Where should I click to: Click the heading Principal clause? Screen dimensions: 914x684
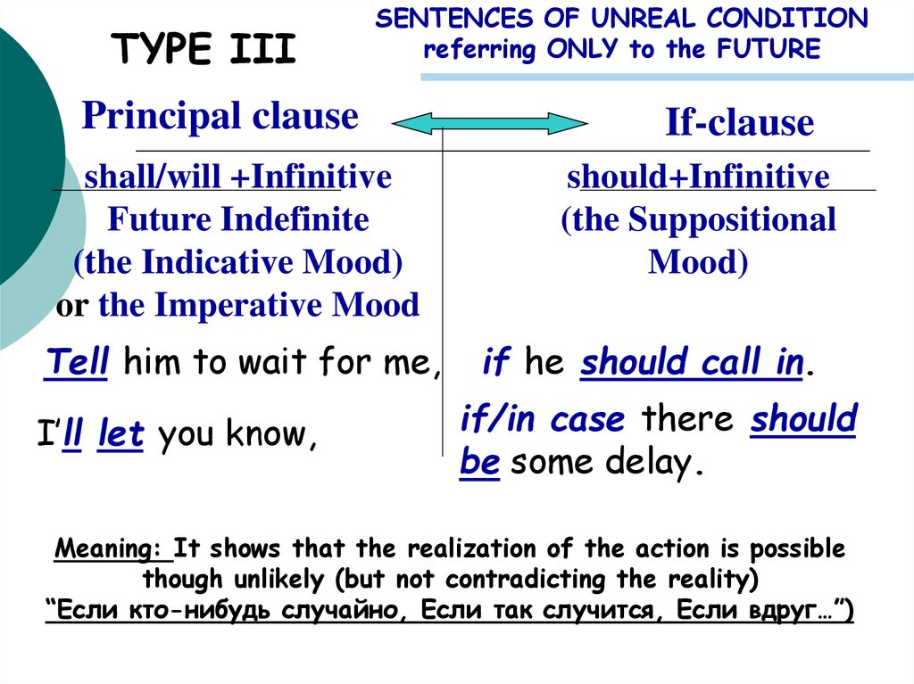(x=220, y=116)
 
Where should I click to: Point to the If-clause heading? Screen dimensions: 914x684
(x=739, y=123)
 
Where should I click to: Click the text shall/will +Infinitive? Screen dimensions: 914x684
(x=237, y=177)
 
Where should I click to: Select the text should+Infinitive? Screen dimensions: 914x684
(x=699, y=177)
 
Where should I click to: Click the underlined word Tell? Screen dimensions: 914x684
(x=77, y=363)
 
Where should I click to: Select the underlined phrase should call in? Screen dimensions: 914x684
(x=692, y=363)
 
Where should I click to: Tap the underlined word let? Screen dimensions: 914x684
(x=120, y=435)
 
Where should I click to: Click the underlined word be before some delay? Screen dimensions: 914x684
(x=478, y=464)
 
